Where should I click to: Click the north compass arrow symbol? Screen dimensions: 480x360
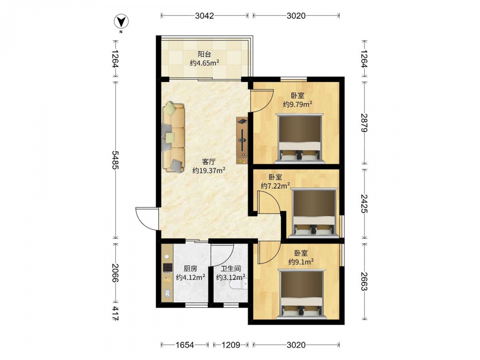[121, 22]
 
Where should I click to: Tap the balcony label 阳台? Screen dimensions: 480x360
[204, 55]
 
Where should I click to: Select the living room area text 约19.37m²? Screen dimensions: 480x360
[209, 170]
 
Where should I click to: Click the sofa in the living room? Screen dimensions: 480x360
[174, 137]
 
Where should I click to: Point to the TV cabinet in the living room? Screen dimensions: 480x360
[241, 141]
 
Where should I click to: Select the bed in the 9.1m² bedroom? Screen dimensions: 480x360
[301, 293]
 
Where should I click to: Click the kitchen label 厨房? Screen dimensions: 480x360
[191, 269]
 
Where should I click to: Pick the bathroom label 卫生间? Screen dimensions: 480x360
[231, 269]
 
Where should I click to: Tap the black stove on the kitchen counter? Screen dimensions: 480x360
[168, 268]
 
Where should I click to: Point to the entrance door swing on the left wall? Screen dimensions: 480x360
[146, 218]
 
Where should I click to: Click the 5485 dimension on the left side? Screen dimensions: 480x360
[115, 160]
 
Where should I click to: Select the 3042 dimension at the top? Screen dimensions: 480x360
[204, 16]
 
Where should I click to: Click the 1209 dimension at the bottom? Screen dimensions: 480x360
[231, 345]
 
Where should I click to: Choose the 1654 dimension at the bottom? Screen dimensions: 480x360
[185, 345]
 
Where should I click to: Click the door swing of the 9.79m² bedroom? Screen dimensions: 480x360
[262, 101]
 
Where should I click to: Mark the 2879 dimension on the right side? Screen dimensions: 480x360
[364, 123]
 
